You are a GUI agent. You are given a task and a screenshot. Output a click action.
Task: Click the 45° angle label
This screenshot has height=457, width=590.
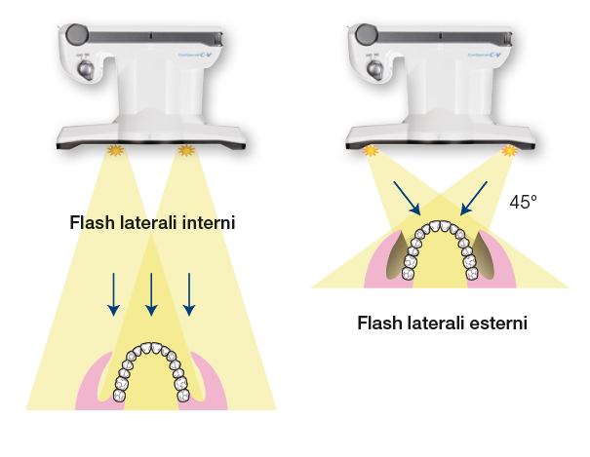click(x=524, y=202)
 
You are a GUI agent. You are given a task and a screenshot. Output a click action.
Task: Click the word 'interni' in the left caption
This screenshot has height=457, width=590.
click(x=211, y=223)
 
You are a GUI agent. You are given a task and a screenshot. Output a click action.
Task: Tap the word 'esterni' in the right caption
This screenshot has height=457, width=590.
click(x=497, y=322)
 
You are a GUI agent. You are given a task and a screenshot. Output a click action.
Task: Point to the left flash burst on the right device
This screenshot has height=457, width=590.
click(x=370, y=151)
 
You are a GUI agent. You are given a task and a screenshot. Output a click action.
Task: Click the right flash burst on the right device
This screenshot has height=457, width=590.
click(x=508, y=151)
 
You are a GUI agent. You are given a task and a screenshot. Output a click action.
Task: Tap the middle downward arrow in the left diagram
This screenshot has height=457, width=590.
click(x=151, y=293)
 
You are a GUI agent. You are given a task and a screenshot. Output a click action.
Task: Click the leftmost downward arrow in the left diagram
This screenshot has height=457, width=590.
click(x=113, y=293)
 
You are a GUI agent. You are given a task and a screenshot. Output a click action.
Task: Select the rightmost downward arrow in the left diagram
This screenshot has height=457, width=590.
click(x=189, y=293)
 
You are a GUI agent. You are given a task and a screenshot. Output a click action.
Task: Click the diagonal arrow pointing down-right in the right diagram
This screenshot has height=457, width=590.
click(x=408, y=196)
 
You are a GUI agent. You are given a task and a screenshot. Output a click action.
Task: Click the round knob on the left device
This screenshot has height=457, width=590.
click(x=75, y=33)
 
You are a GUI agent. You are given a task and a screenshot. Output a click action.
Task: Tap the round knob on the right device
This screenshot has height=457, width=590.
click(x=367, y=33)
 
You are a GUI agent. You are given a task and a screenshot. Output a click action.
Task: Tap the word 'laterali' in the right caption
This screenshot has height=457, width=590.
click(x=433, y=322)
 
